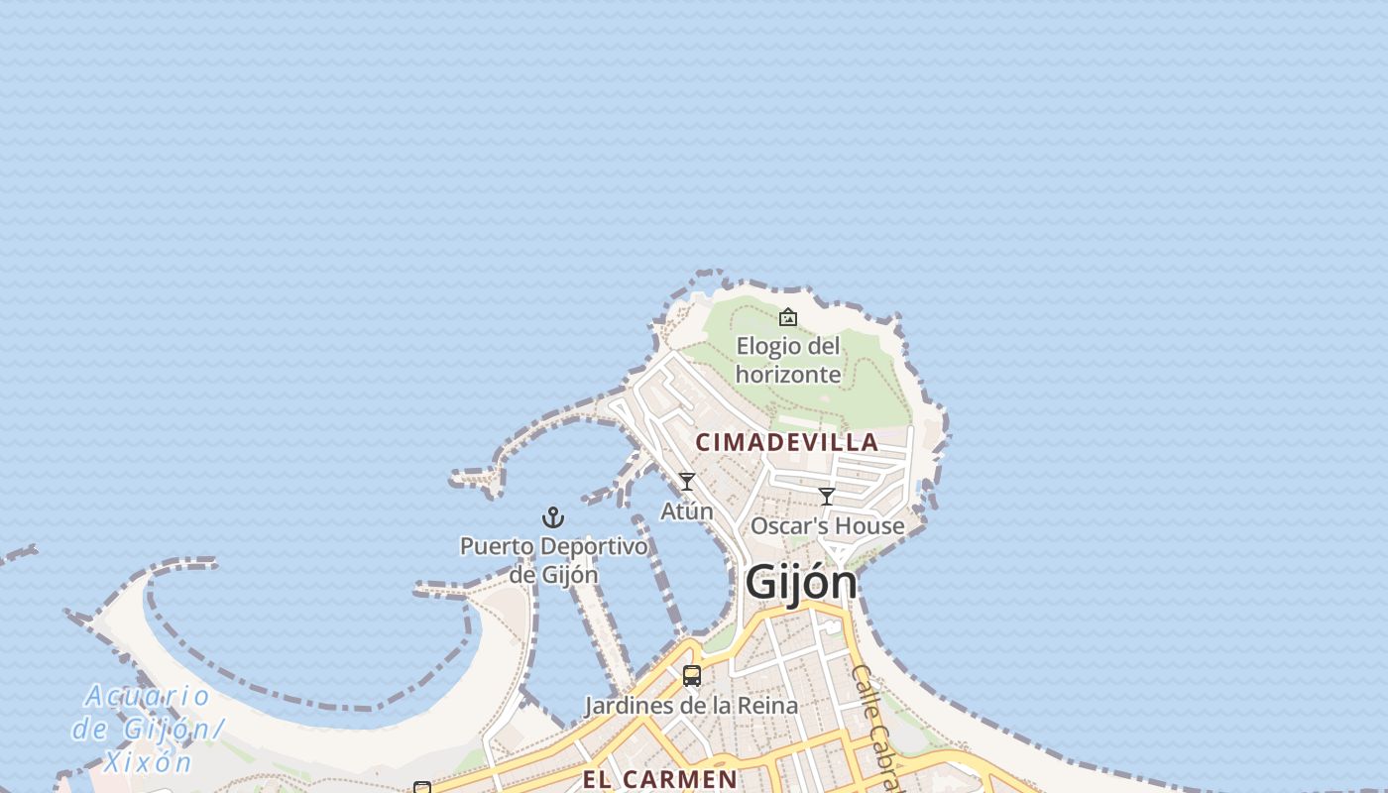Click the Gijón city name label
(x=800, y=582)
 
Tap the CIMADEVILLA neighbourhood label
(x=787, y=442)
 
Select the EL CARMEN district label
(x=659, y=779)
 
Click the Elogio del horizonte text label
(x=788, y=360)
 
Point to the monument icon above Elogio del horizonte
(x=788, y=317)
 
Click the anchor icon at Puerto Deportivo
(x=553, y=517)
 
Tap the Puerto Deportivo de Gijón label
(x=553, y=560)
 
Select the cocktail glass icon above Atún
(x=686, y=482)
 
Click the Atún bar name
(x=686, y=511)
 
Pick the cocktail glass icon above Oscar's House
(x=827, y=497)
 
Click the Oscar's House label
(x=827, y=525)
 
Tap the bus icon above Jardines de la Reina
(x=692, y=676)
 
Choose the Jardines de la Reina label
(x=691, y=706)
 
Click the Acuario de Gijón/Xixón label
(x=147, y=728)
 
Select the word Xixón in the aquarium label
(x=148, y=761)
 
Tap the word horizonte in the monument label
(x=788, y=375)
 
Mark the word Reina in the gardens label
(x=765, y=706)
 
